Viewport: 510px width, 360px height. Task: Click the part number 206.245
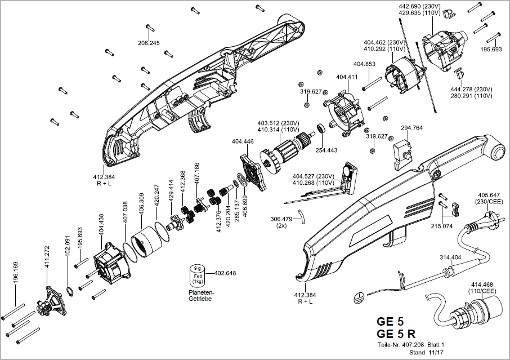pos(149,43)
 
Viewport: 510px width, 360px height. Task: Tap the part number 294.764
pos(411,128)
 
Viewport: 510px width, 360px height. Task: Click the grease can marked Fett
pos(198,276)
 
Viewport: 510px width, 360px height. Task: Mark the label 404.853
pos(364,64)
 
